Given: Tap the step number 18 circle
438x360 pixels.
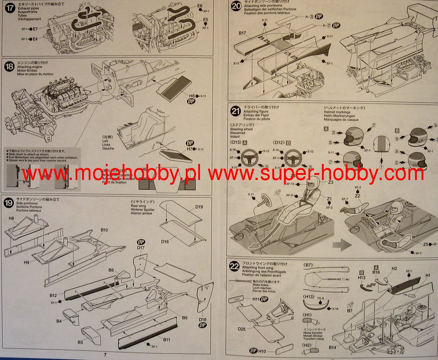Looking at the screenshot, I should tap(10, 67).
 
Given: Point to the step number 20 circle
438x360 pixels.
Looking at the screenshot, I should tap(236, 7).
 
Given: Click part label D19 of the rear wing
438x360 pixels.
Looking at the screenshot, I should tap(199, 207).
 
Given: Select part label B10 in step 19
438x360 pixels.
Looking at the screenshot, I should tap(104, 230).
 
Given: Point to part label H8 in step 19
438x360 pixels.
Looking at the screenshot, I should tap(11, 218).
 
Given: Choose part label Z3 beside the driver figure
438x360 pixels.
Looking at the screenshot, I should tap(331, 182).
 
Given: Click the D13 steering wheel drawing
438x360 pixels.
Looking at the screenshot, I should tap(249, 157).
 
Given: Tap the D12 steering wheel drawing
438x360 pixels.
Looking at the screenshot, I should tap(293, 157).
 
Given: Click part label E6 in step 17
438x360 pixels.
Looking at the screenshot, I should tap(200, 6).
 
